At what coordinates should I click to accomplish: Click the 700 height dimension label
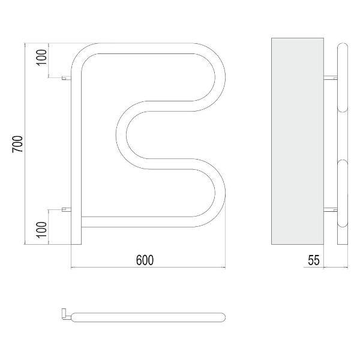17,144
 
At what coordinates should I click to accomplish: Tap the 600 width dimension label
145,260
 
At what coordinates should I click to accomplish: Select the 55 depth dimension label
314,260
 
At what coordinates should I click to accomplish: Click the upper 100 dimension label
42,58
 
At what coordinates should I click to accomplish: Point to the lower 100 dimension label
42,230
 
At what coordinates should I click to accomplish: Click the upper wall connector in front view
67,78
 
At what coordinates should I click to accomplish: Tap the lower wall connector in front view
67,209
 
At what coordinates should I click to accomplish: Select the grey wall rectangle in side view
298,141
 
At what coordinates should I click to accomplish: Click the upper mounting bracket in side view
331,78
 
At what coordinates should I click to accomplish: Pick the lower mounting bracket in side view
331,209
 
